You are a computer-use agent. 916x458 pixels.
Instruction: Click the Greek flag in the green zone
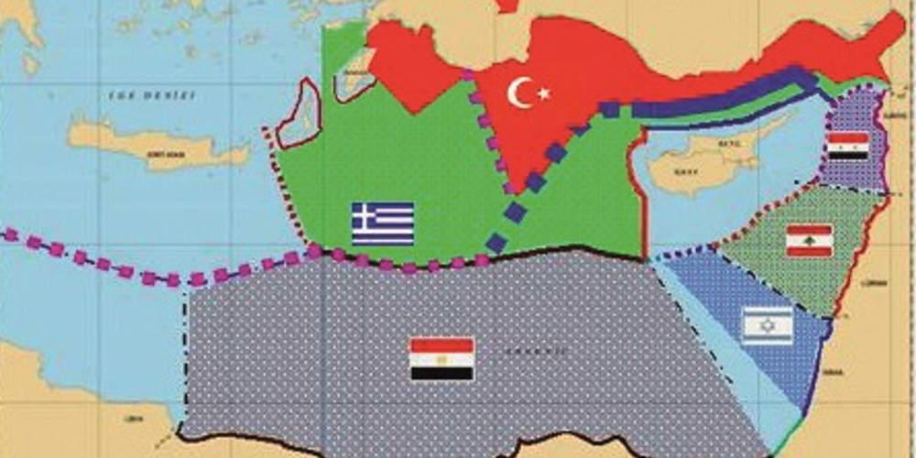coord(383,223)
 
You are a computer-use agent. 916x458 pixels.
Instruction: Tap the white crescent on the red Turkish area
coord(519,93)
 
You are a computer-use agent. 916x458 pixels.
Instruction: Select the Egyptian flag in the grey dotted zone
coord(442,359)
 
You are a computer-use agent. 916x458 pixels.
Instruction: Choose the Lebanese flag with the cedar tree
coord(809,240)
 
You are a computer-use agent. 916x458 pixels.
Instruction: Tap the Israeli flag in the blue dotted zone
coord(767,325)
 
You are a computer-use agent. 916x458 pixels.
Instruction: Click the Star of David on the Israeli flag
coord(767,325)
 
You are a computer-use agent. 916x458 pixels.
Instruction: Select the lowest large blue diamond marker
coord(496,244)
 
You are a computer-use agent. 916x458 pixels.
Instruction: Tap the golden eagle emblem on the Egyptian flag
coord(442,359)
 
